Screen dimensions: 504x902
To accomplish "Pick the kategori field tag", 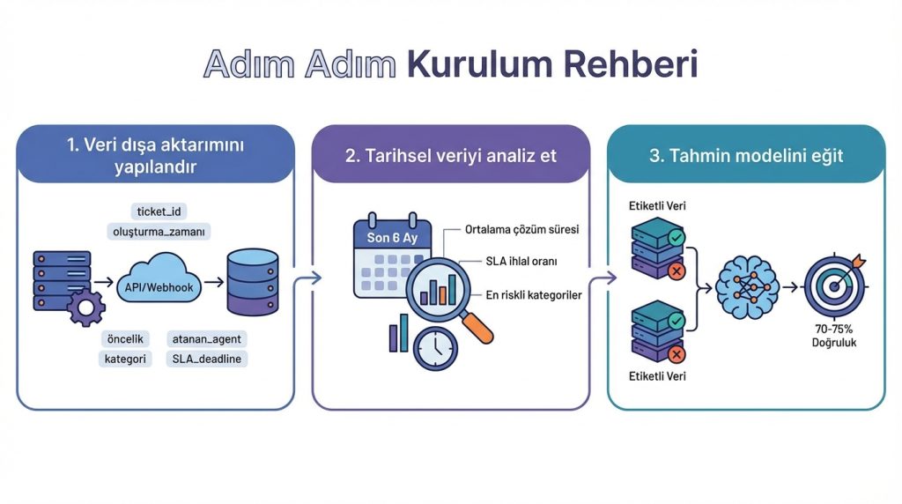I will [x=125, y=359].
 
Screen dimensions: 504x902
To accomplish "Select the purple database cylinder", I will [x=251, y=283].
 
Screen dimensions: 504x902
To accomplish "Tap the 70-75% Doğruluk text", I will [x=833, y=335].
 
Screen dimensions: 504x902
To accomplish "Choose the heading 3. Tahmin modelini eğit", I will [x=746, y=155].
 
